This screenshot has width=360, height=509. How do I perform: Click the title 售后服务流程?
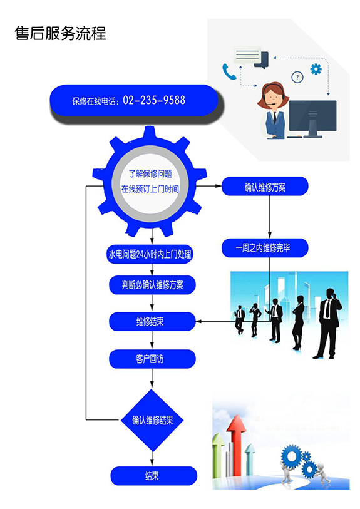coord(60,33)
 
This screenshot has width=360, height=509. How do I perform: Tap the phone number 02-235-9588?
coord(154,100)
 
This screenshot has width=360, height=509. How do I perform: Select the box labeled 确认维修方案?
coord(265,187)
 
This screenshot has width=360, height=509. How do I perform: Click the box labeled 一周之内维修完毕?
coord(265,248)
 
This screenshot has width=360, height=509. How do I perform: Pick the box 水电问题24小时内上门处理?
coord(150,254)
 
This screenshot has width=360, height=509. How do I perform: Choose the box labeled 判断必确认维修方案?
coord(152,285)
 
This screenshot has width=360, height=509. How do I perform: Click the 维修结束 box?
coord(152,322)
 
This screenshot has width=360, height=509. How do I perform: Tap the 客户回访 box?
coord(152,359)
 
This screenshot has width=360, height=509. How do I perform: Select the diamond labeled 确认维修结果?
coord(152,420)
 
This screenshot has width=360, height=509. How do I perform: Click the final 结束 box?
coord(154,476)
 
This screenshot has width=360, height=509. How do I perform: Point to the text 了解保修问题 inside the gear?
coord(150,173)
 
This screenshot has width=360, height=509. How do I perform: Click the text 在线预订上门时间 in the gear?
coord(150,189)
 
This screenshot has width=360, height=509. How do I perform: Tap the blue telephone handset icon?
coord(229,72)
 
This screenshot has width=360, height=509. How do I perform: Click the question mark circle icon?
coord(297,77)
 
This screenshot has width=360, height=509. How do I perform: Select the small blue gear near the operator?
coord(316,69)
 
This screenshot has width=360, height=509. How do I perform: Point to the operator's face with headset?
coord(272,95)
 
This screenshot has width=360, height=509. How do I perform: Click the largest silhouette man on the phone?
coord(328,323)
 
